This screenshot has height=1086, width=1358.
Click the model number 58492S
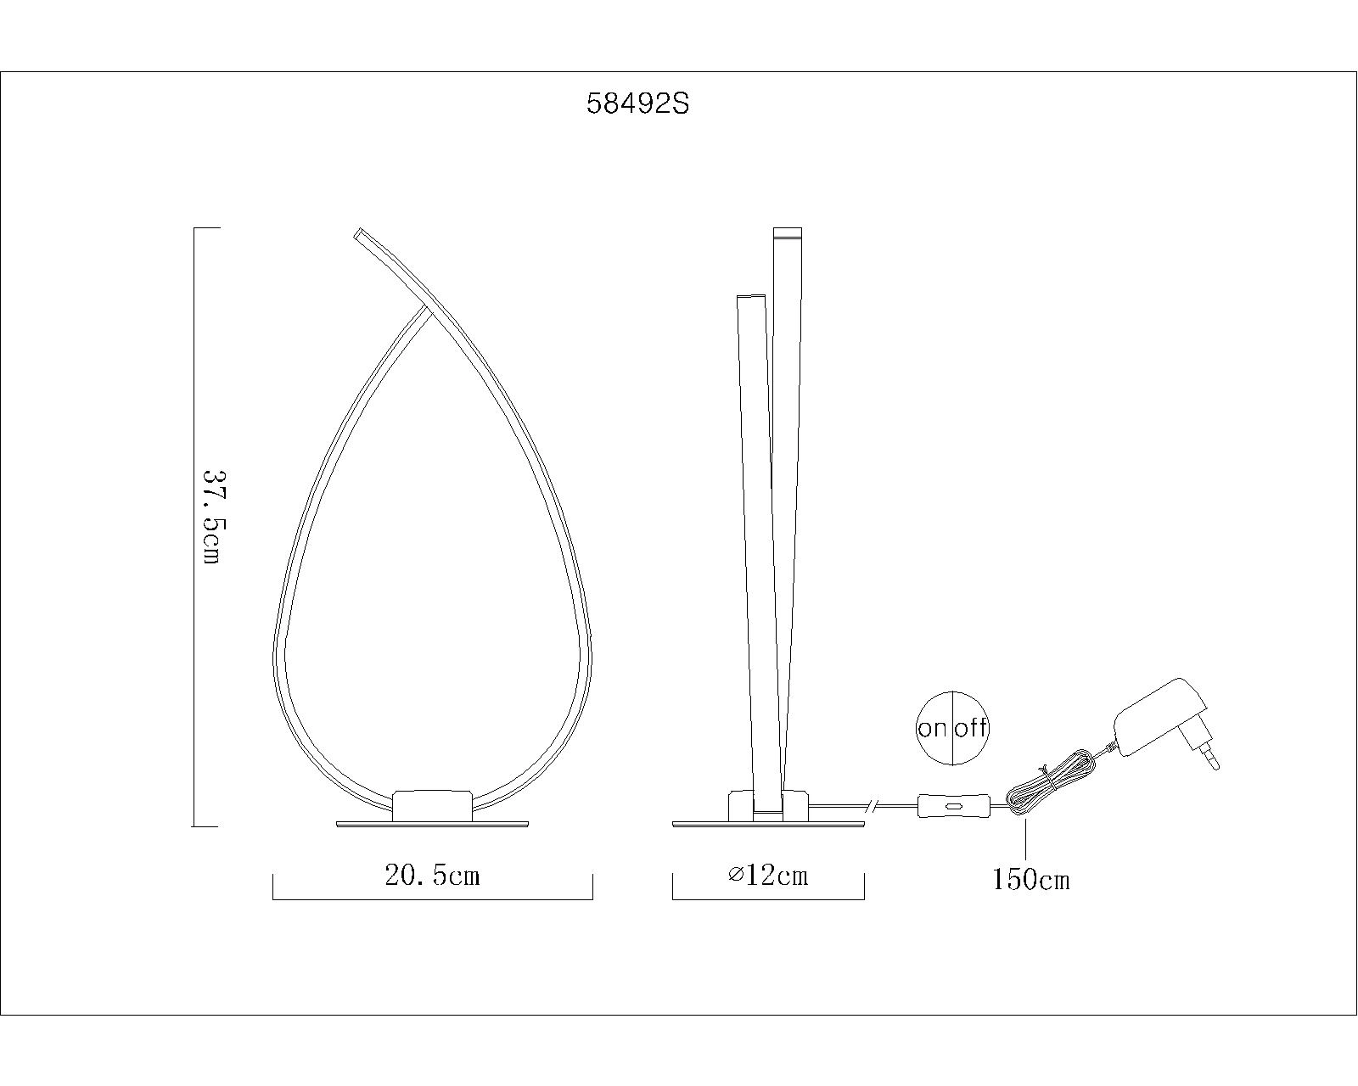point(637,104)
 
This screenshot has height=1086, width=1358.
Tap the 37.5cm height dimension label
point(210,518)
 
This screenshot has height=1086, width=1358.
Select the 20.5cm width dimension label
point(432,876)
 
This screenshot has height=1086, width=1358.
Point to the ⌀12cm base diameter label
point(768,876)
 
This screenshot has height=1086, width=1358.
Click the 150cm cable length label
point(1031,880)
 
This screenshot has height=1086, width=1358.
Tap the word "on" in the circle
point(933,729)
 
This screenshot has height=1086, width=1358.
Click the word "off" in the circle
point(970,728)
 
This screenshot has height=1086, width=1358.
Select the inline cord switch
point(952,806)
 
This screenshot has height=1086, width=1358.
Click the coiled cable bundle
point(1042,786)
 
